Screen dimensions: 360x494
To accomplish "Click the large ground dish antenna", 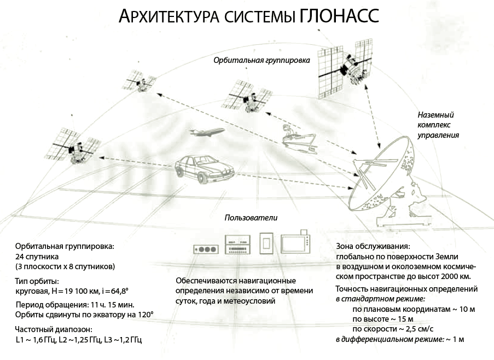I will click(x=383, y=175).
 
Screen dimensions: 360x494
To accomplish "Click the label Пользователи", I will click(x=251, y=217).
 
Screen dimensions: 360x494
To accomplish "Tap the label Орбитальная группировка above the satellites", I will click(x=262, y=60).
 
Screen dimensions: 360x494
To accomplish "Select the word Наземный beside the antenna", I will click(x=436, y=115).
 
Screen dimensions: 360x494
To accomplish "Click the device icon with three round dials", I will click(x=206, y=248).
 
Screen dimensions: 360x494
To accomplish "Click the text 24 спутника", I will click(x=37, y=256).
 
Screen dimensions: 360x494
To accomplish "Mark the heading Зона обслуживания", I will click(x=373, y=246).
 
